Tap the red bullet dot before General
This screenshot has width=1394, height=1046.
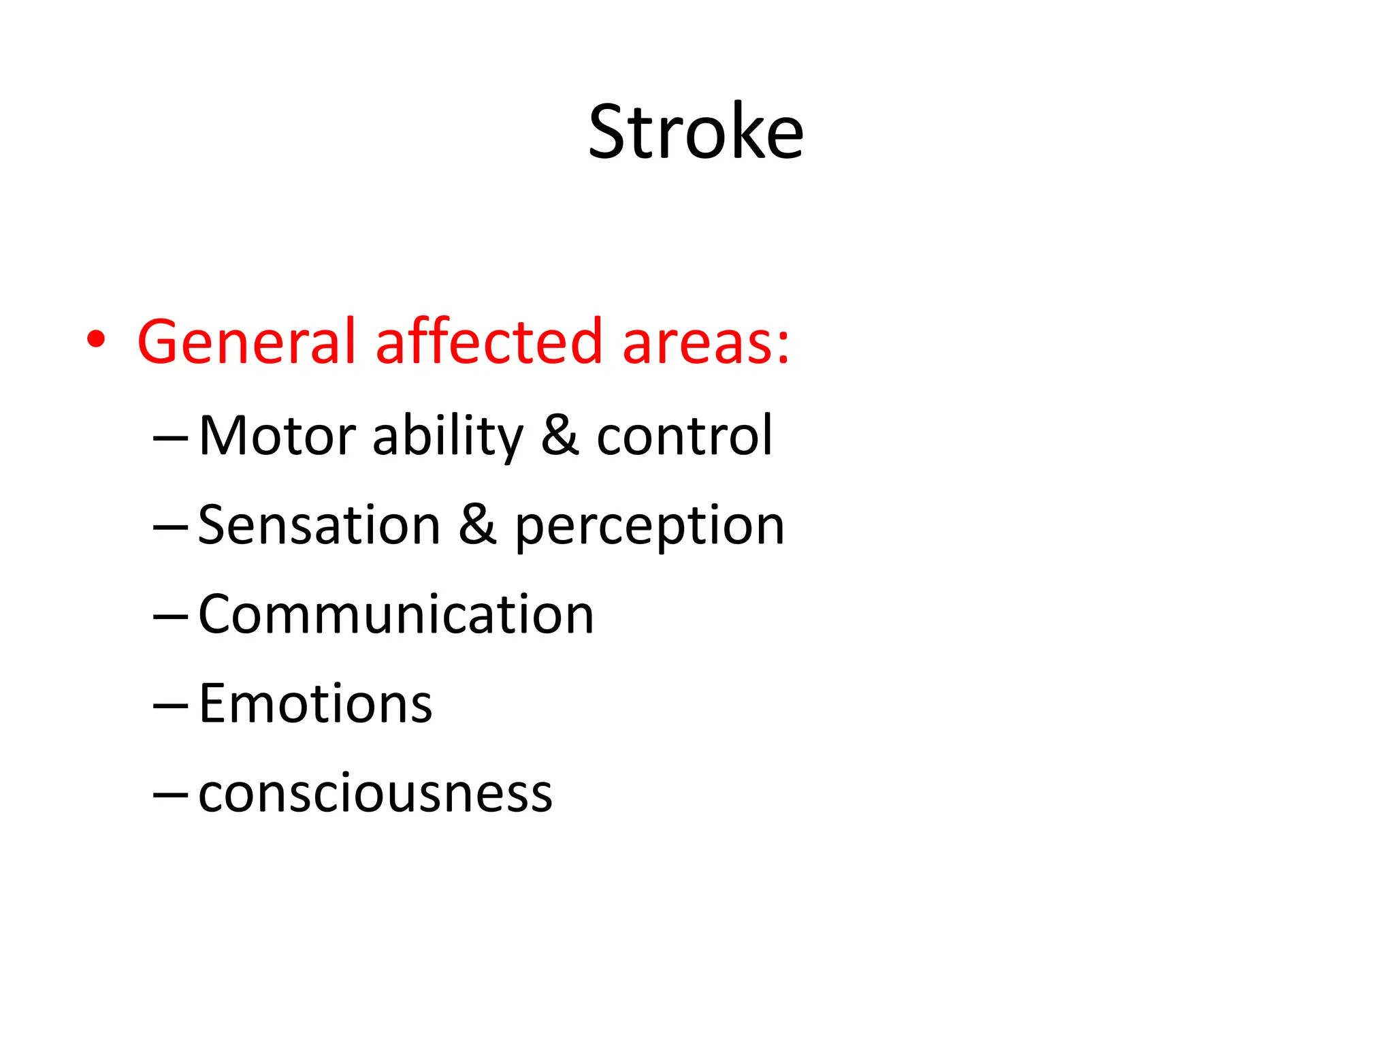[x=96, y=339]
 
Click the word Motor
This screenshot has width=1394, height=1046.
[x=277, y=436]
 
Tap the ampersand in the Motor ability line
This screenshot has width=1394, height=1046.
[x=560, y=436]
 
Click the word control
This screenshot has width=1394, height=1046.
[x=684, y=436]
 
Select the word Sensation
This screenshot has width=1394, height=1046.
[x=319, y=525]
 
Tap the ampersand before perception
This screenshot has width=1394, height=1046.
[x=477, y=525]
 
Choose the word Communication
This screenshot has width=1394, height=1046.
[x=396, y=615]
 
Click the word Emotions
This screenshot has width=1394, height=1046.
[x=315, y=704]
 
